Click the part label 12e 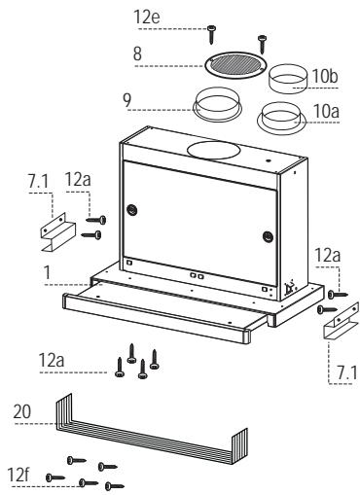click(x=147, y=17)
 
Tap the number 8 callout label click(x=137, y=53)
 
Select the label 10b click(x=325, y=77)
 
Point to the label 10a click(x=326, y=111)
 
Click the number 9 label click(x=127, y=100)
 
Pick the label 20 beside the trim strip click(x=22, y=411)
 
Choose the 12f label click(x=18, y=475)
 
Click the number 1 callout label click(x=48, y=273)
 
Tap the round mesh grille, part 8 click(x=235, y=65)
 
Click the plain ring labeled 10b click(x=288, y=79)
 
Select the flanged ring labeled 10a click(x=281, y=119)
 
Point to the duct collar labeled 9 click(x=217, y=104)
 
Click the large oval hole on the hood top click(x=214, y=150)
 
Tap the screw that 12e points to click(x=211, y=34)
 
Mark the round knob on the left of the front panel click(x=131, y=210)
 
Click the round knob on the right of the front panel click(x=268, y=236)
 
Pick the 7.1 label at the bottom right click(x=346, y=372)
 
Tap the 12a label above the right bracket click(x=328, y=255)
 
